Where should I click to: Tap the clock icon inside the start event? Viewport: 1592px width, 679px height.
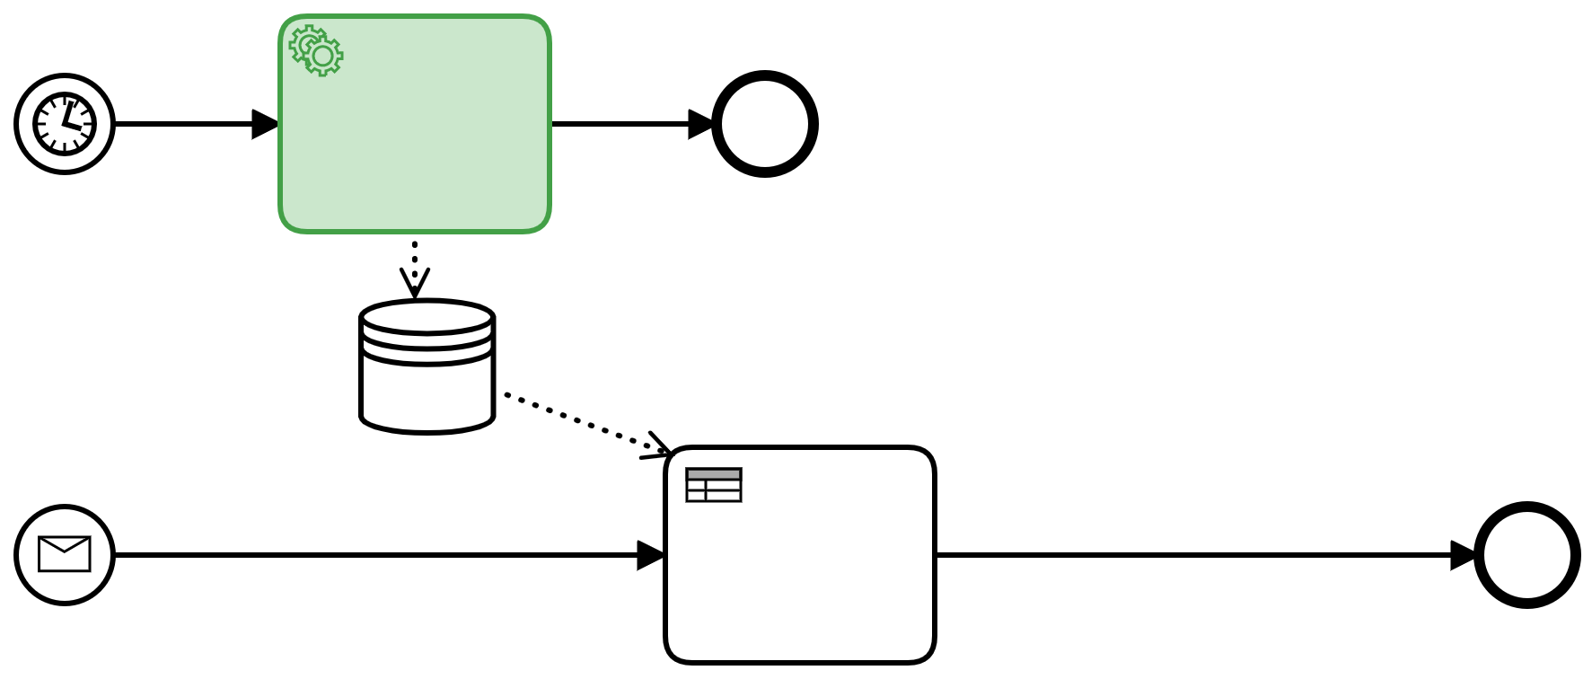pos(65,124)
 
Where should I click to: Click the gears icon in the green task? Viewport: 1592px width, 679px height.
pos(316,50)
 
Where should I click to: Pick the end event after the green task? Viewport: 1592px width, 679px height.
pos(764,124)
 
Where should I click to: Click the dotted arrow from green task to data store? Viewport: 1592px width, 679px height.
pos(415,256)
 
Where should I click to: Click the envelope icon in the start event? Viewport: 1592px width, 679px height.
pos(65,554)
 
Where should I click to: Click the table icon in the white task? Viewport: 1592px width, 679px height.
pos(714,485)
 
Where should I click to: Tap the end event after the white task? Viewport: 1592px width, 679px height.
pos(1526,555)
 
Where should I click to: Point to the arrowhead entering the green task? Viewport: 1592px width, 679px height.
pos(266,124)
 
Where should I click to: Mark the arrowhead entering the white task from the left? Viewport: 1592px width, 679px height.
pos(651,555)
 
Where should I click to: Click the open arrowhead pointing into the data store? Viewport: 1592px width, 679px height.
pos(415,284)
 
